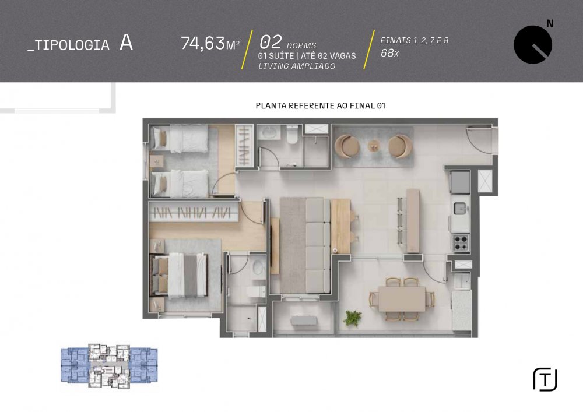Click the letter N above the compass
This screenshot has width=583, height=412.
(550, 24)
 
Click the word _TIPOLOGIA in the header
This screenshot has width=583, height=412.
(68, 45)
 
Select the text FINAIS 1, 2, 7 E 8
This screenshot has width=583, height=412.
(414, 40)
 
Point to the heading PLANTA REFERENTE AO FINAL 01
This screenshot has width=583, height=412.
(321, 105)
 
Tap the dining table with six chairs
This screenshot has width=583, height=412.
(402, 299)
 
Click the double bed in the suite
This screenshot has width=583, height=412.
(178, 275)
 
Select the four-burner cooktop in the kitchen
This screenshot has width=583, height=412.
(461, 242)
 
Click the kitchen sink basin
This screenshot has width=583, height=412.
(460, 209)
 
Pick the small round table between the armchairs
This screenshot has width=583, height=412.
(374, 146)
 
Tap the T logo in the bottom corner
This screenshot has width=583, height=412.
(545, 380)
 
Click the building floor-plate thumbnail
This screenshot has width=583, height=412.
(110, 366)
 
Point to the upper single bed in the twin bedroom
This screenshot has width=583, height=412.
(179, 139)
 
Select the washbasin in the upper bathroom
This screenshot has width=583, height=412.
(269, 132)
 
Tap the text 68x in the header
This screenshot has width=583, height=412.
(389, 53)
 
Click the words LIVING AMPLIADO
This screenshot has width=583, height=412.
(297, 66)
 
